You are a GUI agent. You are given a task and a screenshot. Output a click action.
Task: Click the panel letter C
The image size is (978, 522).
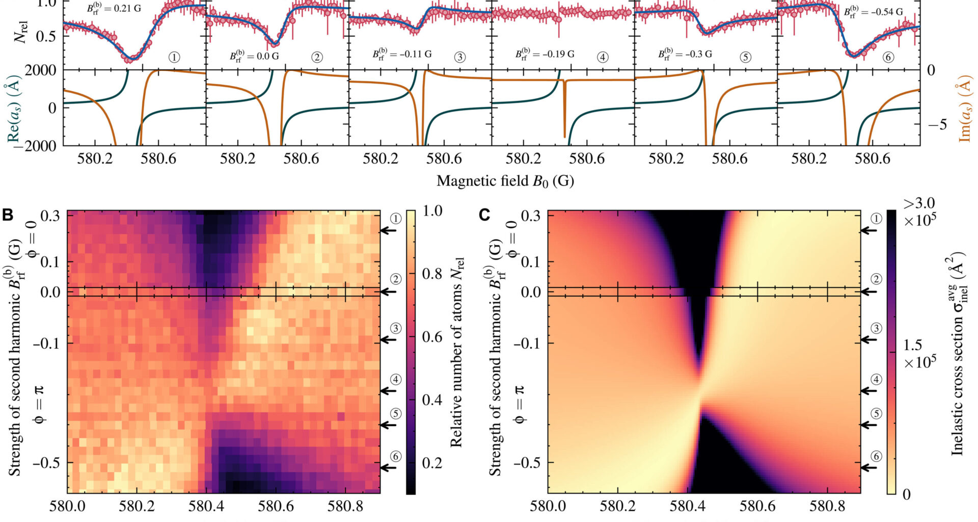(485, 215)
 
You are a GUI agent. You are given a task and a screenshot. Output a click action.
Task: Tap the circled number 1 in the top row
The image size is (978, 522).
(174, 57)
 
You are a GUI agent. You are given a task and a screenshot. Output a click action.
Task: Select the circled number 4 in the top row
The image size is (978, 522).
(603, 57)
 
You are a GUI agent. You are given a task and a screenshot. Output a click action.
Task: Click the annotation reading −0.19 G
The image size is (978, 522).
(545, 54)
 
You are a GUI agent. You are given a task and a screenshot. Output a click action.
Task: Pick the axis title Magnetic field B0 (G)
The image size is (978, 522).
(505, 181)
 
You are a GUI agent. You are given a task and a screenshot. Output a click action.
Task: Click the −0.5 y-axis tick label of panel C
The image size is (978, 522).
(528, 462)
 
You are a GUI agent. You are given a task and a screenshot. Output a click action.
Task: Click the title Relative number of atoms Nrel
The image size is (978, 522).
(456, 352)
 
